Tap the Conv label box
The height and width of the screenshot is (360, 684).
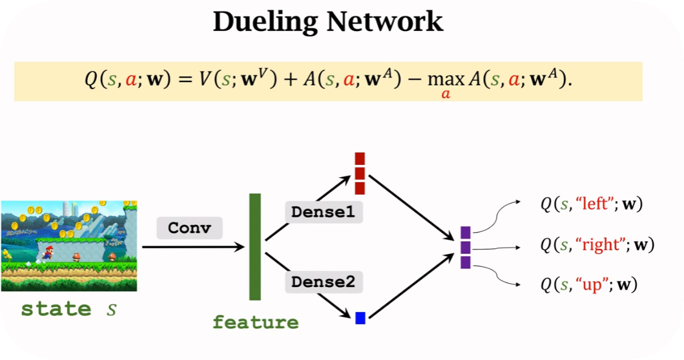point(190,228)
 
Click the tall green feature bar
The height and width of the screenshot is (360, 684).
point(255,246)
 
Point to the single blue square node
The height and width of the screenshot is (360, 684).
point(360,317)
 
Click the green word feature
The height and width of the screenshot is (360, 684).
point(256,322)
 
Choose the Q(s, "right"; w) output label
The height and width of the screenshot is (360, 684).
point(597,245)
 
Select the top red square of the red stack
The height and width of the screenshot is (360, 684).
point(360,158)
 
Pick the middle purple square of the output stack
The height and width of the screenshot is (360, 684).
point(465,248)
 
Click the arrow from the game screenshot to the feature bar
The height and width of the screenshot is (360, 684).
point(193,247)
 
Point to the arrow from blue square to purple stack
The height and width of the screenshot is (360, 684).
point(411,287)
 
